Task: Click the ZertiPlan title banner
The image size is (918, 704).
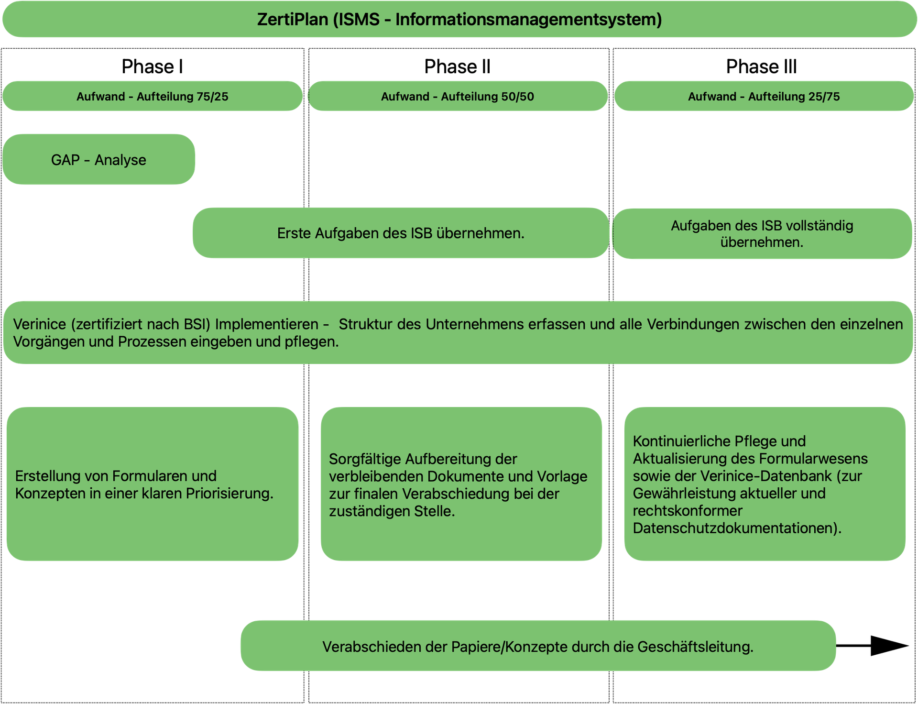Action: coord(459,19)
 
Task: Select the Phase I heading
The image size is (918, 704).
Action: coord(152,66)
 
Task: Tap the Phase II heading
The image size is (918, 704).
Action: coord(458,66)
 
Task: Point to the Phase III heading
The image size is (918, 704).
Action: coord(761,66)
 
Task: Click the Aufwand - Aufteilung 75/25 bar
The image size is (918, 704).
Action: coord(153,96)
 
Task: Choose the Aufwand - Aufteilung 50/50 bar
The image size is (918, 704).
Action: coord(458,96)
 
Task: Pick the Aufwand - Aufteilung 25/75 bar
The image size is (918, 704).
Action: coord(764,96)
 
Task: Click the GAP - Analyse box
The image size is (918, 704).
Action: coord(98,159)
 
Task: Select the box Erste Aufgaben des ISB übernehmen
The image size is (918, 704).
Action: coord(401,233)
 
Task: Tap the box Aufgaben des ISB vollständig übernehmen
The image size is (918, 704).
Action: coord(762,233)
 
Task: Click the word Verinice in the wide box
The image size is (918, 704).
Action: coord(40,324)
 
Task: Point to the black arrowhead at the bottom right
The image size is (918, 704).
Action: coord(889,646)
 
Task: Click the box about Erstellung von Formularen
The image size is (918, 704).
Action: coord(153,484)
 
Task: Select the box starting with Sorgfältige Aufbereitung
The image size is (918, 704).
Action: coord(461,484)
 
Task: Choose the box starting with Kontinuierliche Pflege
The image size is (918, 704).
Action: coord(765,484)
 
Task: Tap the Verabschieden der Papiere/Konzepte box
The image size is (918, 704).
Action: coord(538,646)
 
